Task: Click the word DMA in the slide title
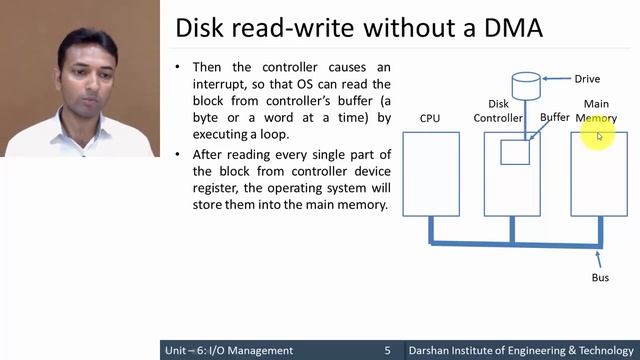tap(507, 28)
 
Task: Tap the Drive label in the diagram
tap(587, 79)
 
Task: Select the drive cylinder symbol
tap(526, 84)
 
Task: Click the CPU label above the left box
tap(430, 118)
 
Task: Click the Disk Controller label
tap(498, 111)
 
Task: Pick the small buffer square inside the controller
tap(515, 152)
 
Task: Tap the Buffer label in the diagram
tap(554, 118)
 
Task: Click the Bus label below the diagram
tap(600, 277)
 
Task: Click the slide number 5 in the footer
tap(387, 351)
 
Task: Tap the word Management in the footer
tap(258, 351)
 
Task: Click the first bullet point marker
tap(177, 67)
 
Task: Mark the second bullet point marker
tap(177, 154)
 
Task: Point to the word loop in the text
tap(271, 135)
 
